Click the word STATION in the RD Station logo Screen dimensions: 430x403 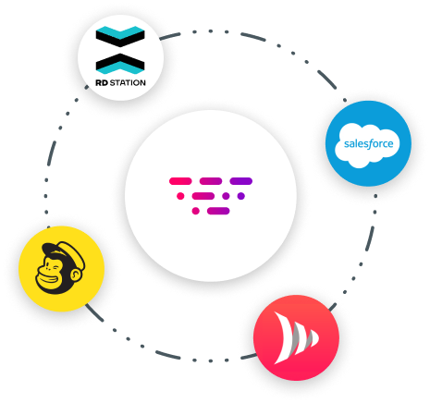coord(128,82)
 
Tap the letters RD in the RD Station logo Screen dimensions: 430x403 coord(102,82)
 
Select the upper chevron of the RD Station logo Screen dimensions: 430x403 coord(120,36)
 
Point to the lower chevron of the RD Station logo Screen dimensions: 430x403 coord(120,64)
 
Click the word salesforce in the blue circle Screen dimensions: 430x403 coord(368,144)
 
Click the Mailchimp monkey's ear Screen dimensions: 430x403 coord(76,275)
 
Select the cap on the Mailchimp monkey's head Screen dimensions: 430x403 coord(63,252)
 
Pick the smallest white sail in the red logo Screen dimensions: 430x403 coord(313,338)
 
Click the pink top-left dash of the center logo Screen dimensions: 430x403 coord(180,181)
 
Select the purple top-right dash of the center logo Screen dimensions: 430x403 coord(241,181)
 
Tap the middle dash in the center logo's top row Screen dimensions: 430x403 coord(211,181)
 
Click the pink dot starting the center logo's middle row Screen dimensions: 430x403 coord(180,196)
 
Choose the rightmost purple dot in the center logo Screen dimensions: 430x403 coord(241,196)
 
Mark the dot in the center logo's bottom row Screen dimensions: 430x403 coord(195,211)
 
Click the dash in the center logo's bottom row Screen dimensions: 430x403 coord(218,211)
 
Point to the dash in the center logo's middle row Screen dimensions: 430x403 coord(203,196)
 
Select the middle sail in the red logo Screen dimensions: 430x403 coord(302,338)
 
